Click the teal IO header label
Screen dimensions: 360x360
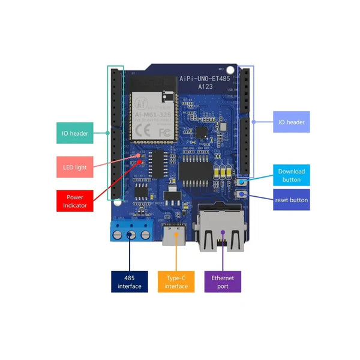[75, 133]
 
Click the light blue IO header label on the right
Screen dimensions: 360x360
[291, 122]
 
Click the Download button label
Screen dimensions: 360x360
[292, 175]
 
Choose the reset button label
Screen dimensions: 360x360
[292, 200]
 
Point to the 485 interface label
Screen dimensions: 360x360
[129, 281]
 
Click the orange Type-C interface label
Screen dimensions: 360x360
[176, 281]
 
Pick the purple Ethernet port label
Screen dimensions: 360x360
[223, 281]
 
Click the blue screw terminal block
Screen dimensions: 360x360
[130, 230]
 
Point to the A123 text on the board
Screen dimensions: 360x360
[206, 87]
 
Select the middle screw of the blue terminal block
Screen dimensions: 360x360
[130, 235]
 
